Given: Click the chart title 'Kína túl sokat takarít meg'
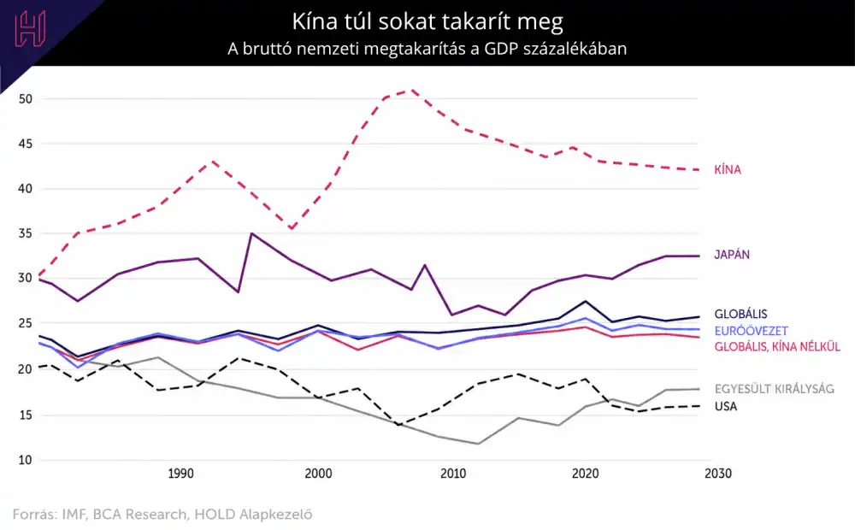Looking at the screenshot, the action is point(427,22).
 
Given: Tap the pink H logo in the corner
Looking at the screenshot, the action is point(30,28).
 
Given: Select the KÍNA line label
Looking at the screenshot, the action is point(728,169).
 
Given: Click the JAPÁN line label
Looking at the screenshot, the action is point(732,255).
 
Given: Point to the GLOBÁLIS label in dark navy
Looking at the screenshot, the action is point(740,314).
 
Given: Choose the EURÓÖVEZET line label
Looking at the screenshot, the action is point(751,331).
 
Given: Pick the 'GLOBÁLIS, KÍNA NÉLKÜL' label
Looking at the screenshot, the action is point(777,347).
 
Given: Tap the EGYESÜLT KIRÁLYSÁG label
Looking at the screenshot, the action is point(775,389).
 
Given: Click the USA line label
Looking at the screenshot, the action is point(726,406).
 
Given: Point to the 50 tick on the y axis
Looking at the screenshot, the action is point(25,98).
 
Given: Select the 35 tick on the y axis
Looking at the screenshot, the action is point(25,233).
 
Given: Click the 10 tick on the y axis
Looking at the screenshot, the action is point(25,460).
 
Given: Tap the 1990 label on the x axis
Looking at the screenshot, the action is point(180,474).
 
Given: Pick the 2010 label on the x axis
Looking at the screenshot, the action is point(453,474).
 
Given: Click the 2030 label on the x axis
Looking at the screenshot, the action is point(718,474).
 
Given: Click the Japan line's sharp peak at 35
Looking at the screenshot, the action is point(251,233).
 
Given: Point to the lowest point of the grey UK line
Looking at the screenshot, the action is point(478,444).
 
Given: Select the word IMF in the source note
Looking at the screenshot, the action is point(74,515).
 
